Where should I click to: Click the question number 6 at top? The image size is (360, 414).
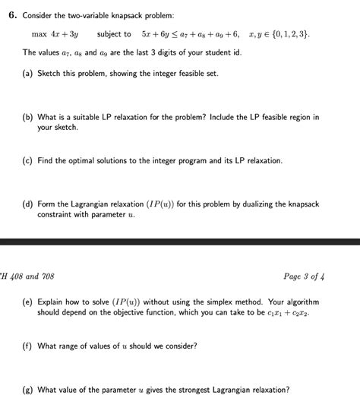[x=11, y=15]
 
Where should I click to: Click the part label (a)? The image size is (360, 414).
[x=28, y=73]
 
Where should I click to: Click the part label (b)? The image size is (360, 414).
[x=28, y=118]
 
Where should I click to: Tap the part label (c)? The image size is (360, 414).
[x=28, y=161]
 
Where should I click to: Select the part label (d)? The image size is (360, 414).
[x=28, y=204]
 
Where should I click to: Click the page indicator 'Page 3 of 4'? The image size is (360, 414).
[x=303, y=276]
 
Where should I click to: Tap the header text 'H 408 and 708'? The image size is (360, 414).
[x=27, y=276]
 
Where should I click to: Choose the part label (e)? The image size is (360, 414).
[x=28, y=302]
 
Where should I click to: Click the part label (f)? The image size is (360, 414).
[x=28, y=346]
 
